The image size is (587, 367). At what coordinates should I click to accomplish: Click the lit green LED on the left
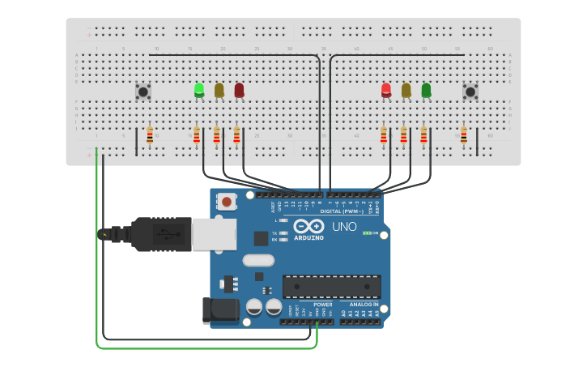[199, 90]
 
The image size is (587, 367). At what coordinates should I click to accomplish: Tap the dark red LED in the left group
[239, 91]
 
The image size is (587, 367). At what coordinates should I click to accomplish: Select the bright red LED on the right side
[386, 90]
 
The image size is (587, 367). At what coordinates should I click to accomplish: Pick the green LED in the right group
[426, 90]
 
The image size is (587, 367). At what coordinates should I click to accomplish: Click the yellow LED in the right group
[406, 91]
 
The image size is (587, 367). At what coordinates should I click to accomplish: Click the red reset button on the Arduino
[227, 201]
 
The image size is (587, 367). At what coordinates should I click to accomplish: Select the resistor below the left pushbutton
[150, 136]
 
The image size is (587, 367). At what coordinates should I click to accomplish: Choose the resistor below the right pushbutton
[463, 136]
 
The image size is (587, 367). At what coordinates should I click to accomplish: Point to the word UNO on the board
[344, 226]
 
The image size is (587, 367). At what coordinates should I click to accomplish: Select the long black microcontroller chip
[331, 286]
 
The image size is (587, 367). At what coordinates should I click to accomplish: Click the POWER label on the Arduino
[322, 305]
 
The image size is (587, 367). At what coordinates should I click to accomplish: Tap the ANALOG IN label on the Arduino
[364, 305]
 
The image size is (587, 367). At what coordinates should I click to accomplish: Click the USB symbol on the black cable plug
[168, 234]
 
